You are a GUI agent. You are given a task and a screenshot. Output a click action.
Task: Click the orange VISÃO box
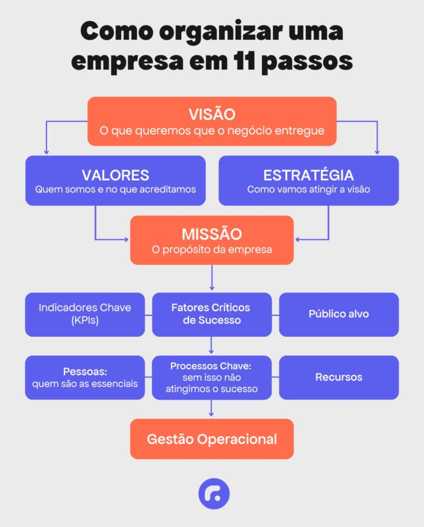click(x=212, y=121)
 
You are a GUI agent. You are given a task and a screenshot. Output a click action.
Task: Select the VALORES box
click(x=116, y=180)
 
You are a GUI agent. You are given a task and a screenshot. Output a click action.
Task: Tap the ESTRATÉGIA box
click(x=308, y=180)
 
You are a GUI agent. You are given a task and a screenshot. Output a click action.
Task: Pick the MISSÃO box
click(x=212, y=240)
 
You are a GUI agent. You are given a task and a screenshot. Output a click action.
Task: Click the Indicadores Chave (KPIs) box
click(x=85, y=314)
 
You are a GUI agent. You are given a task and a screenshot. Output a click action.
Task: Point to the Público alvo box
click(x=339, y=314)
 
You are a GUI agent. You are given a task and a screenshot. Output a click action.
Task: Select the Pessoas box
click(x=85, y=377)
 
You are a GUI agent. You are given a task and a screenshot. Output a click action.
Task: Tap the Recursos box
click(x=339, y=377)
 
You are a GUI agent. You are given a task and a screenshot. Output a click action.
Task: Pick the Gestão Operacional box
click(x=212, y=439)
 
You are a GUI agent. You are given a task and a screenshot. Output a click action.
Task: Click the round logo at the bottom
click(x=214, y=494)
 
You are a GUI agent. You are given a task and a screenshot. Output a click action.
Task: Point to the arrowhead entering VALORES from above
click(x=46, y=152)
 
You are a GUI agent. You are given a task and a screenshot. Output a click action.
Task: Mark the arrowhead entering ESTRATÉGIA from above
click(x=378, y=152)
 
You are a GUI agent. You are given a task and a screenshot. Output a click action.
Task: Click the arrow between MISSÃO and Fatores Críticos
click(x=212, y=278)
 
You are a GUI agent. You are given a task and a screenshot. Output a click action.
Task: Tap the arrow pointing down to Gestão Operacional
click(x=212, y=409)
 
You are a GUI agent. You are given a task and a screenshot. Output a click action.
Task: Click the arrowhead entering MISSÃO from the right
click(x=297, y=240)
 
